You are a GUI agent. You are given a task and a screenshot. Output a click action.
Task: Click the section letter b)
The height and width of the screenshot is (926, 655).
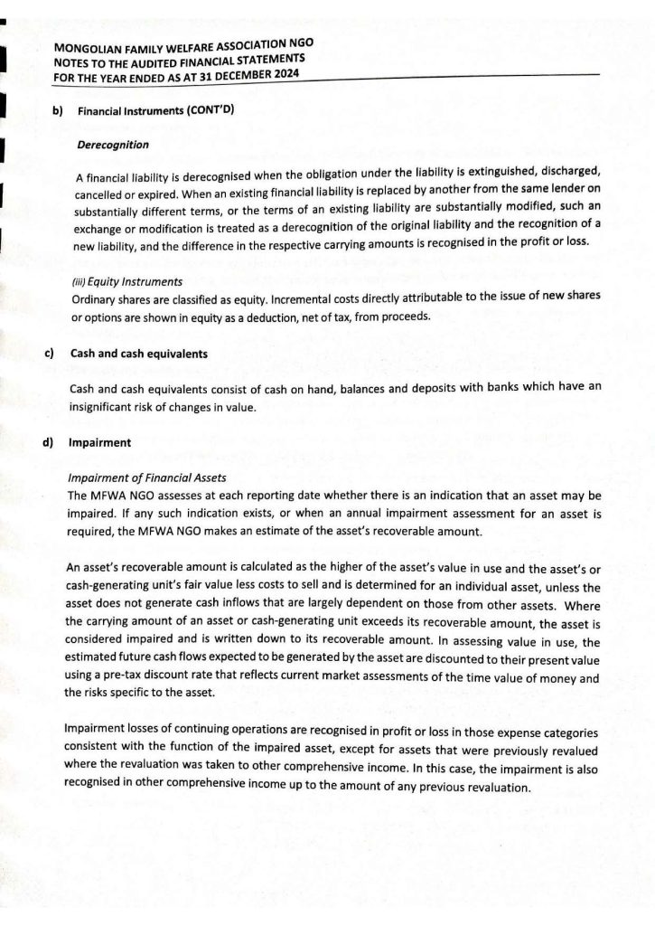(x=57, y=112)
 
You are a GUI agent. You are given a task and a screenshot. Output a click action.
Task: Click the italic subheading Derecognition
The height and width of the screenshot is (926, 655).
(x=113, y=145)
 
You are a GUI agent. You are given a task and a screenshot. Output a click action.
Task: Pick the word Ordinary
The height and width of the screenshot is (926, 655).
(x=95, y=298)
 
